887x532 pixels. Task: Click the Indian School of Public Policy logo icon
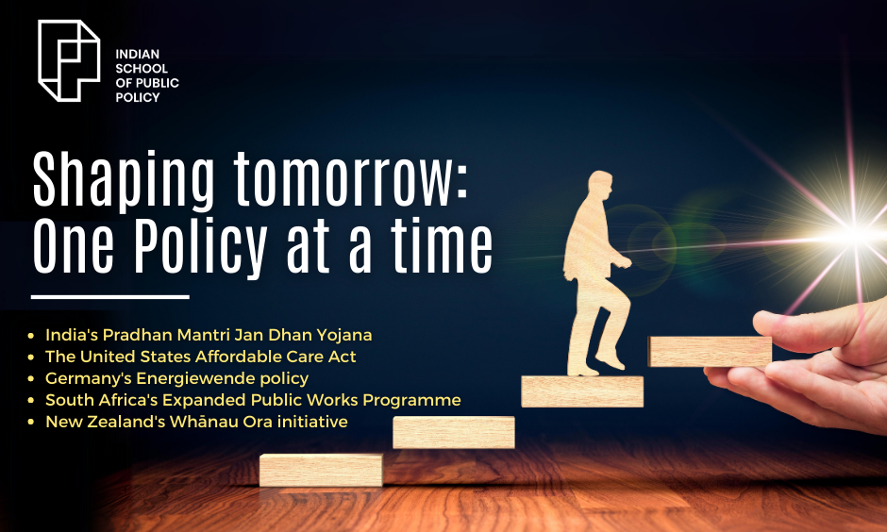[69, 60]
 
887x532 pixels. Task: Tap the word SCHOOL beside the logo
[142, 69]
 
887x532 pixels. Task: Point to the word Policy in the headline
[200, 247]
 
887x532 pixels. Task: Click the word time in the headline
[442, 246]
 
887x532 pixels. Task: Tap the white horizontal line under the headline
[109, 297]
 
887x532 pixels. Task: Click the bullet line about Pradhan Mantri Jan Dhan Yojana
[209, 335]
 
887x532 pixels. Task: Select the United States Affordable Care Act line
[201, 357]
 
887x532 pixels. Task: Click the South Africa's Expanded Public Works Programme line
[253, 400]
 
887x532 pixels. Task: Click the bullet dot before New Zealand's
[31, 423]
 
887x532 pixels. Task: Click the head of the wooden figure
[599, 186]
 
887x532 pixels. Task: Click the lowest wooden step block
[321, 470]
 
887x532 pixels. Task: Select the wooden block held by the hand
[710, 352]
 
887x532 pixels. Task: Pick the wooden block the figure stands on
[582, 391]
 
